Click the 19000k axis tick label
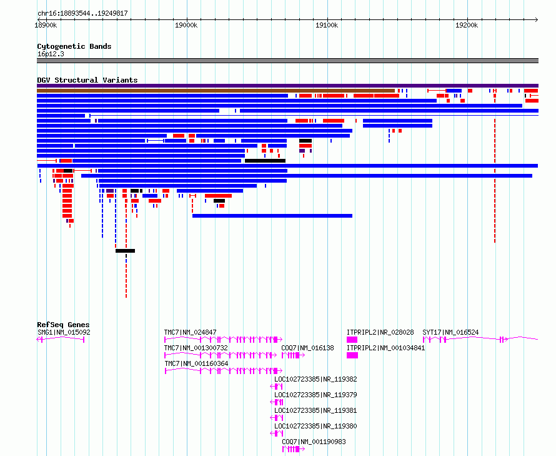[x=186, y=25]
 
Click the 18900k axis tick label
[x=46, y=25]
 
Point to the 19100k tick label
[x=327, y=25]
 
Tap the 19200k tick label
[x=467, y=25]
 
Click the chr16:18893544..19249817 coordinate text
[x=82, y=14]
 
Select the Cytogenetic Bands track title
[x=74, y=46]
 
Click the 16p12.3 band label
[x=51, y=54]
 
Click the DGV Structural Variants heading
[x=87, y=80]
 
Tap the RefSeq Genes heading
[x=63, y=325]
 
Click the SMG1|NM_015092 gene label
[x=64, y=332]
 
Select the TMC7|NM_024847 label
[x=190, y=332]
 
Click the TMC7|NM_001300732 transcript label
[x=196, y=348]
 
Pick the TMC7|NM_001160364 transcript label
[x=196, y=363]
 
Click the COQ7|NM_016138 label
[x=307, y=348]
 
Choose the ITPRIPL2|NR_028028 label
[x=380, y=332]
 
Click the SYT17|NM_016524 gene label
[x=450, y=332]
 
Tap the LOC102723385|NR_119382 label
[x=315, y=379]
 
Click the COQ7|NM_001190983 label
[x=314, y=442]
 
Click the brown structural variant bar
[x=216, y=91]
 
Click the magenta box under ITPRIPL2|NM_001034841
[x=352, y=355]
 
